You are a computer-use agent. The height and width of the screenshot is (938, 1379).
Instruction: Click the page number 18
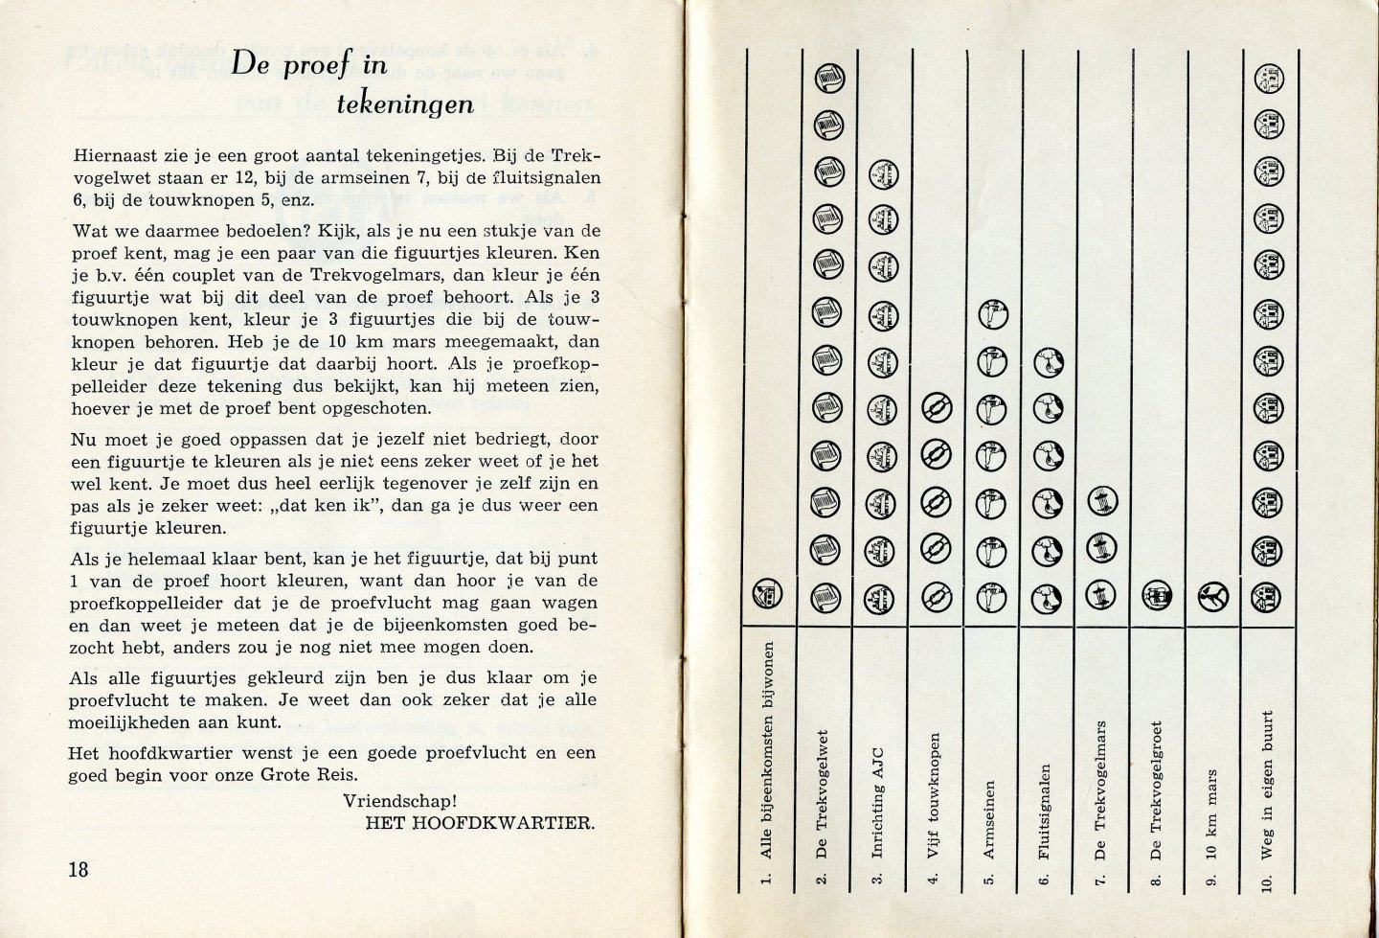79,870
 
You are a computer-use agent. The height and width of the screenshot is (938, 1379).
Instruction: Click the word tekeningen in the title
405,103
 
